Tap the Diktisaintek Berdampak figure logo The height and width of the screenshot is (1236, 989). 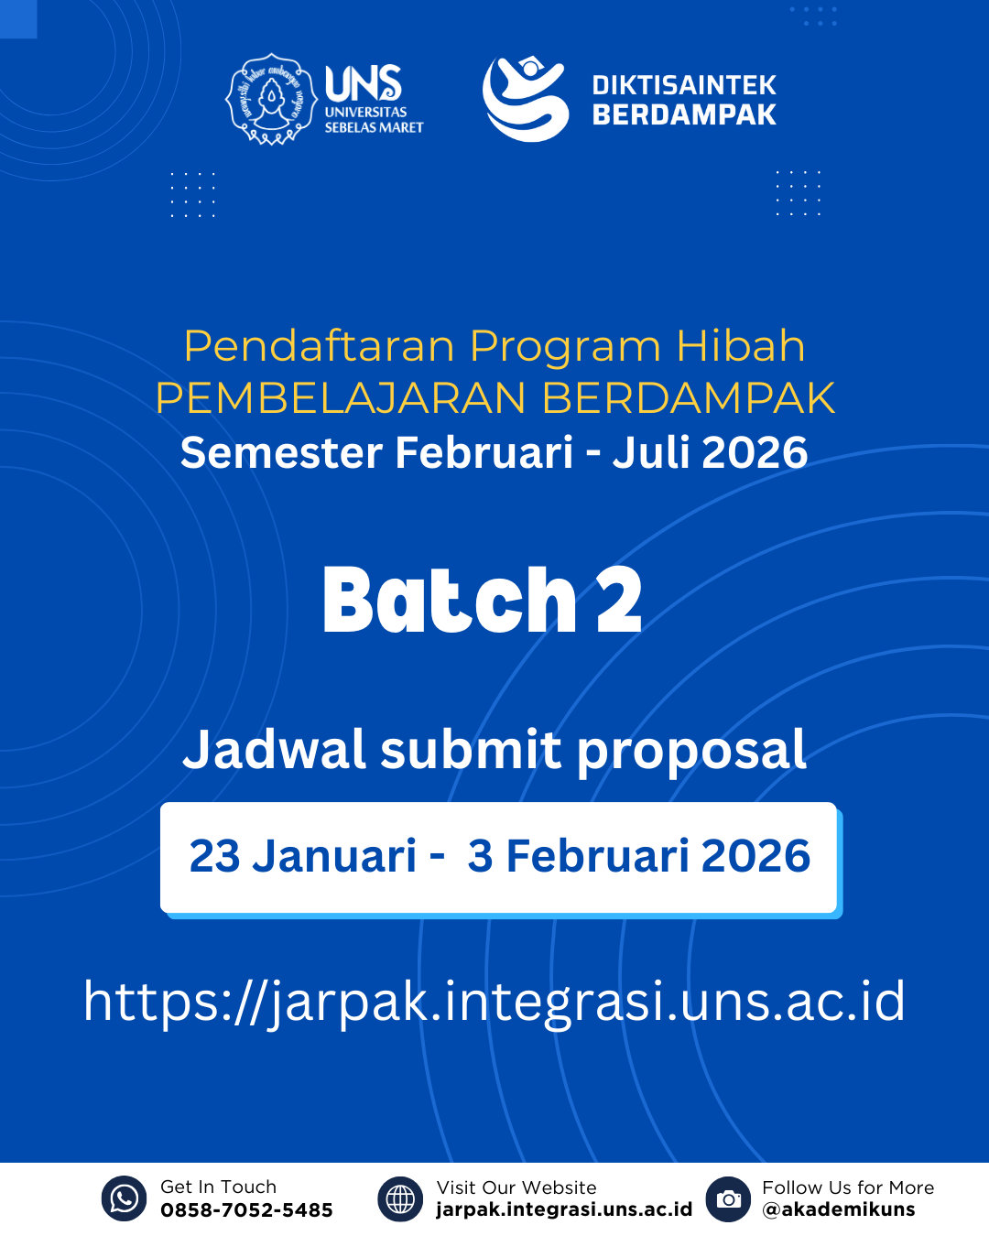[x=525, y=99]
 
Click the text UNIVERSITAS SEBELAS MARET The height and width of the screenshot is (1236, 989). [x=373, y=120]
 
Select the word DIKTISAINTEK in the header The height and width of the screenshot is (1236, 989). [x=683, y=85]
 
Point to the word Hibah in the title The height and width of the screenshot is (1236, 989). [x=740, y=346]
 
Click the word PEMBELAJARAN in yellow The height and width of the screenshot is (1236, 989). [x=341, y=398]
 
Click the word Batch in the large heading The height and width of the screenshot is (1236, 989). [x=449, y=601]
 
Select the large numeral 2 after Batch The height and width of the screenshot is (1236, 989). [x=619, y=601]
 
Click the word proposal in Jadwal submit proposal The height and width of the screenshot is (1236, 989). [x=691, y=751]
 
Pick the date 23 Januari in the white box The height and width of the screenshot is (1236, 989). [x=302, y=857]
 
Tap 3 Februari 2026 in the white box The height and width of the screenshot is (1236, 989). [x=638, y=857]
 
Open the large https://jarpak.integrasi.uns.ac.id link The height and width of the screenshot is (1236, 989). [x=494, y=1001]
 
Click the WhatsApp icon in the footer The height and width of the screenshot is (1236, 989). [x=124, y=1198]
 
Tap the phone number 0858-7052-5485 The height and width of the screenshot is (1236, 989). [x=246, y=1210]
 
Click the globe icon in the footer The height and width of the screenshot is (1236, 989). [x=400, y=1198]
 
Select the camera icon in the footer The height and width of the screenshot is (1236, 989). [x=729, y=1198]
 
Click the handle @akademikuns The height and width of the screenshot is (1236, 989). [x=838, y=1209]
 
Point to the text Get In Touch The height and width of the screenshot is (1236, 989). [x=218, y=1187]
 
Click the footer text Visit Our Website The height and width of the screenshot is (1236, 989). [x=516, y=1187]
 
